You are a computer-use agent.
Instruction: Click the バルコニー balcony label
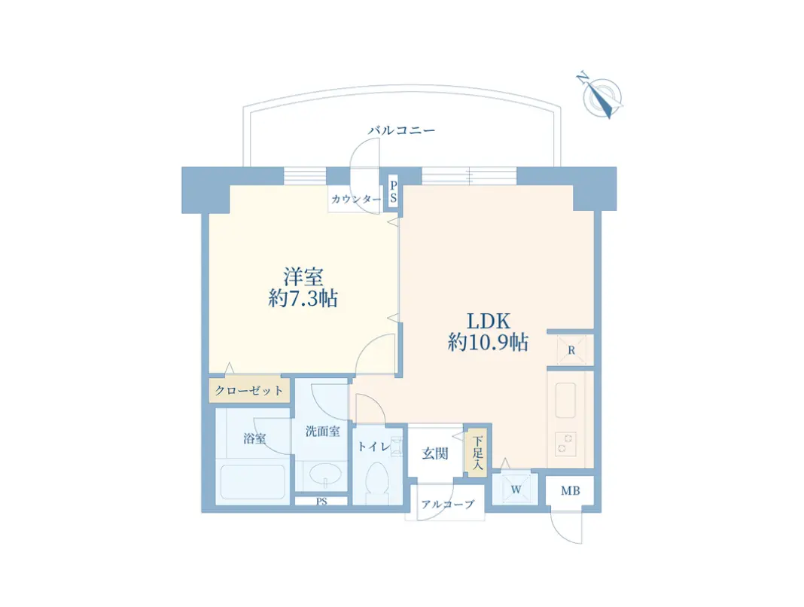pos(401,130)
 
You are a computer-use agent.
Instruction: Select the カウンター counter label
pos(355,200)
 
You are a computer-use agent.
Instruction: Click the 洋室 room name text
pos(303,276)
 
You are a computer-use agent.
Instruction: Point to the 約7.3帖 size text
pos(303,299)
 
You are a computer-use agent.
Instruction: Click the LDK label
pos(487,319)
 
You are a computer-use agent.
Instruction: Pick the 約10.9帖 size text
pos(487,343)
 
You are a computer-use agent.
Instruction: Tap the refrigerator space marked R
pos(571,350)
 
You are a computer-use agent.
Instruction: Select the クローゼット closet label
pos(249,390)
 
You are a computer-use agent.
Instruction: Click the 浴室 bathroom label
pos(254,439)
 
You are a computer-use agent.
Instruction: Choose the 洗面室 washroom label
pos(322,432)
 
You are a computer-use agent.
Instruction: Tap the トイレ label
pos(373,447)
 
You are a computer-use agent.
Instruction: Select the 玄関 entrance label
pos(435,453)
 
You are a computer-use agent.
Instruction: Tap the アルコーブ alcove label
pos(448,505)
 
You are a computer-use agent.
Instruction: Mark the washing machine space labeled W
pos(516,490)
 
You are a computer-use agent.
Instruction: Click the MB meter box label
pos(570,492)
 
